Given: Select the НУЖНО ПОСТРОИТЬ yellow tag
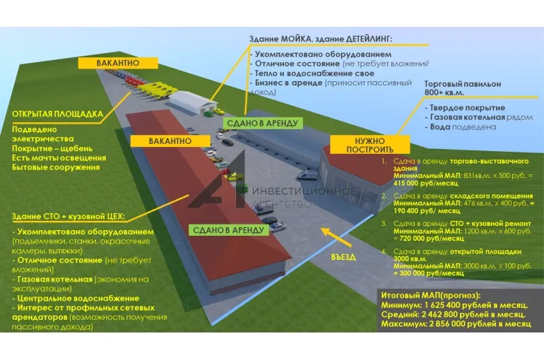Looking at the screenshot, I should pos(369,145).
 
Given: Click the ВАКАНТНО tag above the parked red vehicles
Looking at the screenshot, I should pos(118,63).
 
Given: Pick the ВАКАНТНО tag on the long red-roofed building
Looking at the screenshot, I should pos(170,141).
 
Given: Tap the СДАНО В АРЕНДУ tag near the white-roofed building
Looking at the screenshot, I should pos(263,123).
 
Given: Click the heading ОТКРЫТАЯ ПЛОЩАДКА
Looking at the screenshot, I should pos(58,114).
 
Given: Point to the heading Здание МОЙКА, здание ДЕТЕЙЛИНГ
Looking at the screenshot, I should pos(320,38).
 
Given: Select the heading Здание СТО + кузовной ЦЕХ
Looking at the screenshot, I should pos(69,216).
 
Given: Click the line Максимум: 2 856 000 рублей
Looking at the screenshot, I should pos(455,323).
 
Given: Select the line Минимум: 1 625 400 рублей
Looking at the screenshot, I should pos(454,304).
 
